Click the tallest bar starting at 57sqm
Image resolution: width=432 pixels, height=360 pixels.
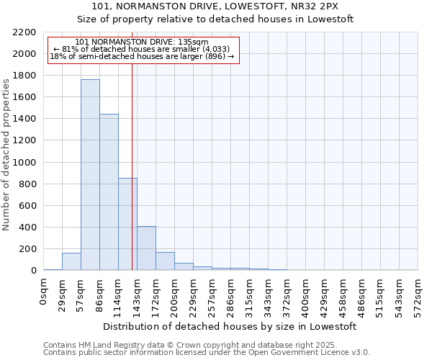[90, 175]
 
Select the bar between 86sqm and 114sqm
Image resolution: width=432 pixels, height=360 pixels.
[109, 192]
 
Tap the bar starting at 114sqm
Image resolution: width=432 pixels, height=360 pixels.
[127, 224]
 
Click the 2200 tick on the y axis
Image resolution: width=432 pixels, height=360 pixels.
[26, 32]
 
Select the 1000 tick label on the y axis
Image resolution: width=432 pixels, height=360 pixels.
[26, 163]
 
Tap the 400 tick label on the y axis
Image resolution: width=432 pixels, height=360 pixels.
[29, 228]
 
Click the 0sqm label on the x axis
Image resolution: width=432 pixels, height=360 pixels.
[44, 292]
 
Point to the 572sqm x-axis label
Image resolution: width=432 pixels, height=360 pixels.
[418, 295]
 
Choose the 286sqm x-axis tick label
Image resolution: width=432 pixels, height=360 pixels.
[230, 295]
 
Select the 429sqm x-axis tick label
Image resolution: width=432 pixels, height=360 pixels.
[324, 295]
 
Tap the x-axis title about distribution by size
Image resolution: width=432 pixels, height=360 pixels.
[230, 326]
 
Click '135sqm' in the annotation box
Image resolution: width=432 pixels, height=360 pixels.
[194, 42]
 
